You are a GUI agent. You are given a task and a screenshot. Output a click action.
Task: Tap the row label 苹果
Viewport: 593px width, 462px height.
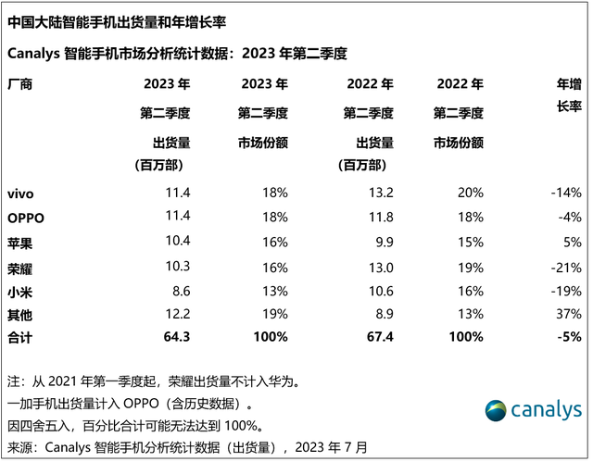19,242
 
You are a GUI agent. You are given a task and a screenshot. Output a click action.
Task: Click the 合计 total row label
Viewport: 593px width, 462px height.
19,338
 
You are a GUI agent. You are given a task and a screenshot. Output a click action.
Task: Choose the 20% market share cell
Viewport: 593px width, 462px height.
470,194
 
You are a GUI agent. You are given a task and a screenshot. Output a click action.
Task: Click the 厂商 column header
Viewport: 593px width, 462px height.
19,84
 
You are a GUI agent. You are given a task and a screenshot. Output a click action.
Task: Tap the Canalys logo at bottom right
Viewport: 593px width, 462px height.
535,410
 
